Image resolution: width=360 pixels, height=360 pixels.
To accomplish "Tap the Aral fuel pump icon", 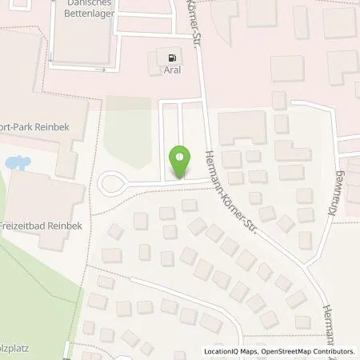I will click(x=171, y=55).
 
